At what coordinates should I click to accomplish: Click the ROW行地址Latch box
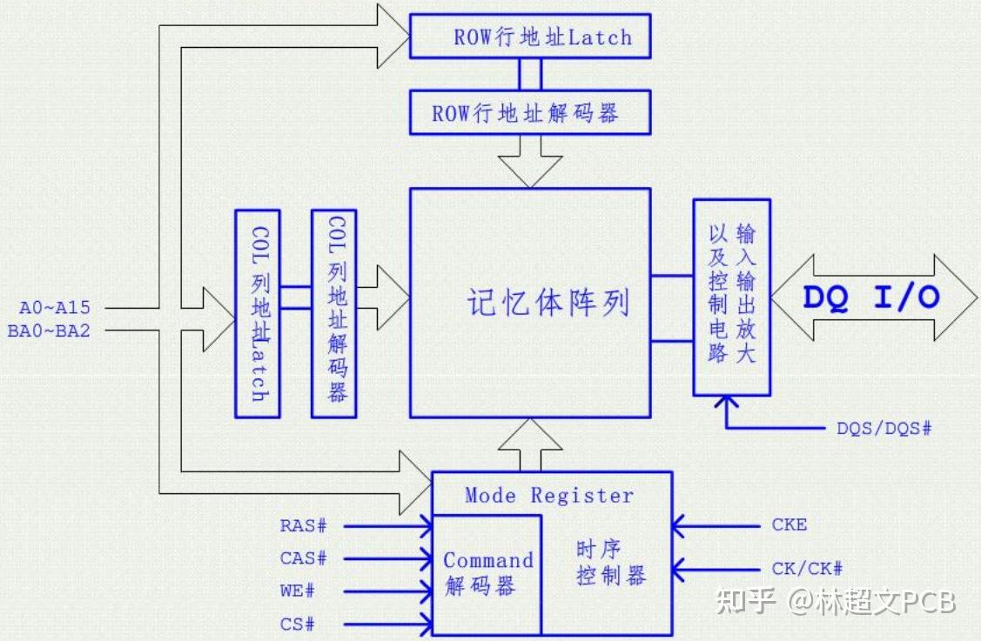click(529, 37)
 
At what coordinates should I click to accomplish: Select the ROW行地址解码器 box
click(529, 113)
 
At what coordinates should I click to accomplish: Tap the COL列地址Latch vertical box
click(257, 313)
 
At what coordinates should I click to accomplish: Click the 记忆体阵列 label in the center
click(547, 304)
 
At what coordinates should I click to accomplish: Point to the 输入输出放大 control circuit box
click(731, 296)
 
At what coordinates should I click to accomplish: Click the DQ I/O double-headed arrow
click(870, 297)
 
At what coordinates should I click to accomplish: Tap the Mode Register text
click(548, 496)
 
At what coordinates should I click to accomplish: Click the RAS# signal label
click(303, 525)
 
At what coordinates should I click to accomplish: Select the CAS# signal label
click(303, 558)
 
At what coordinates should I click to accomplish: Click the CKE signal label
click(789, 524)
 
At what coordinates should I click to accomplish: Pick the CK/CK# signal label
click(807, 569)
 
